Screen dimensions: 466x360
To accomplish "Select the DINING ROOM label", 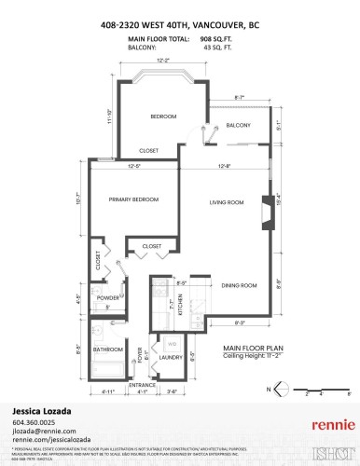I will point(240,285).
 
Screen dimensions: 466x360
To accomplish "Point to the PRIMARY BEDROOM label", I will point(133,199).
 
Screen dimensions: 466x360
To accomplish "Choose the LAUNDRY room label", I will point(171,357).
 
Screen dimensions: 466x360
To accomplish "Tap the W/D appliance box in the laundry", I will point(171,343).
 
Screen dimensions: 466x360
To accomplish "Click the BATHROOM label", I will point(108,349).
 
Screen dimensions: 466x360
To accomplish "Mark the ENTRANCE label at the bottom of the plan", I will point(142,384).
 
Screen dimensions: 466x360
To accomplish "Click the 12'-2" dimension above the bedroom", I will point(163,61).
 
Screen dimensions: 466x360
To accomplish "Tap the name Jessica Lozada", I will point(42,409).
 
